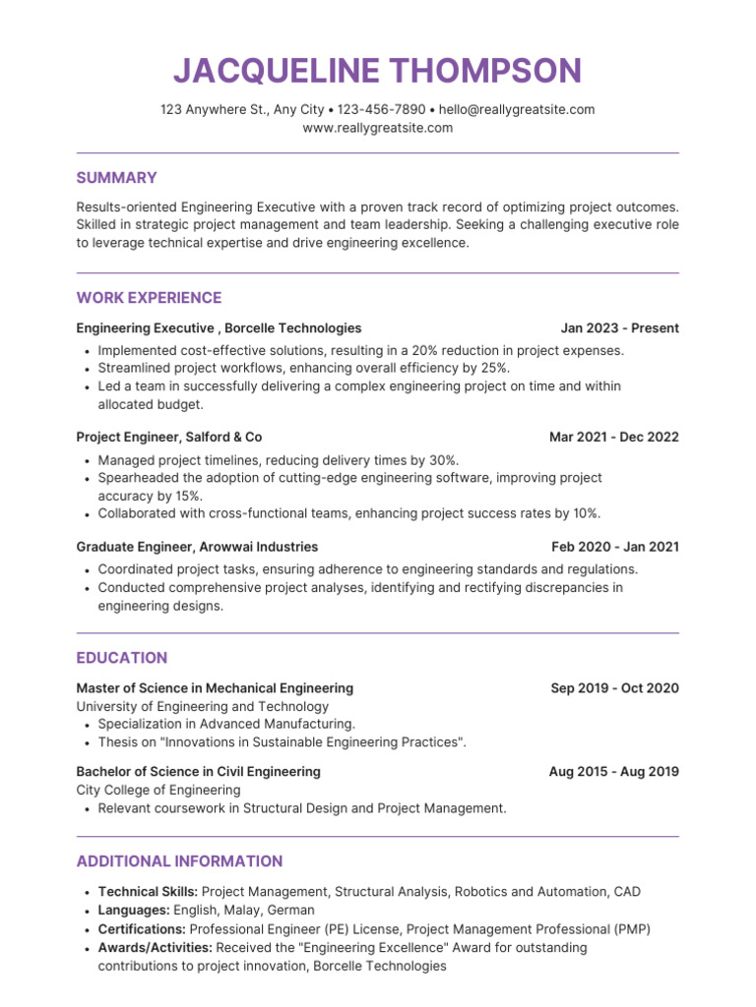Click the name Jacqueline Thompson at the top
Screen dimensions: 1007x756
click(x=377, y=71)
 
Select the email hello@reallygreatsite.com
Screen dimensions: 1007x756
click(x=517, y=110)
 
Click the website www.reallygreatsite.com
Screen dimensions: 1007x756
click(x=377, y=128)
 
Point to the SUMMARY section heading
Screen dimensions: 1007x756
click(x=116, y=178)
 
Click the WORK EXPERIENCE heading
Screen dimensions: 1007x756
click(x=149, y=298)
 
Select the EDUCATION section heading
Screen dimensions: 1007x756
click(x=122, y=658)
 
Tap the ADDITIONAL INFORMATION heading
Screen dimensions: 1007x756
click(x=179, y=861)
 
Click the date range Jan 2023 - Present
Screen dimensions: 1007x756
click(x=619, y=328)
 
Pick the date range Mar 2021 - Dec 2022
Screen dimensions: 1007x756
click(x=613, y=437)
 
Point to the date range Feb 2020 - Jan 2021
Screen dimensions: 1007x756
click(x=614, y=547)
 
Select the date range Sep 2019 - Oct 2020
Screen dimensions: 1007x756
click(x=614, y=688)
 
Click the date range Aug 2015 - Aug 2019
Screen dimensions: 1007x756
click(x=613, y=772)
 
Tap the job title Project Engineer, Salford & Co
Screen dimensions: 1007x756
click(x=169, y=437)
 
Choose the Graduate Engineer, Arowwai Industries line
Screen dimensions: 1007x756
click(x=197, y=547)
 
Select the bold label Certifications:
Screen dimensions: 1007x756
click(x=142, y=928)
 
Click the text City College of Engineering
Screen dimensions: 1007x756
click(x=158, y=790)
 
